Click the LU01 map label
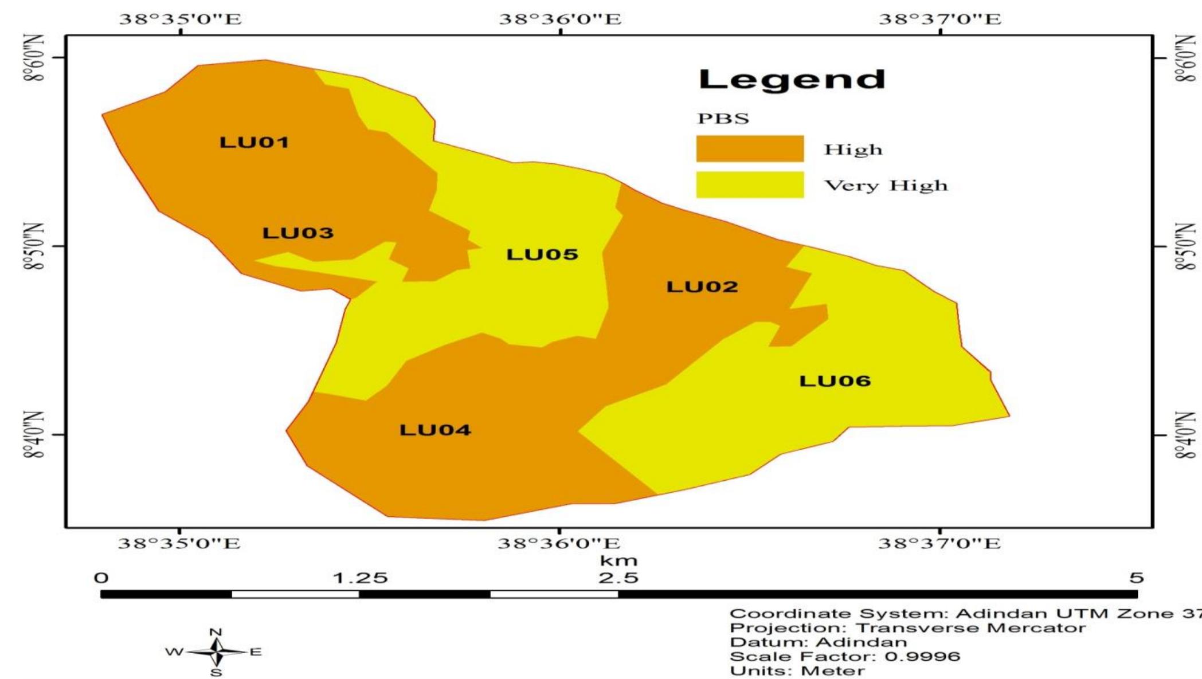(254, 142)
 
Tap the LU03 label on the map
(297, 233)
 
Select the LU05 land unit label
(542, 254)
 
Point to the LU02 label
(702, 286)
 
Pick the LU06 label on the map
(835, 381)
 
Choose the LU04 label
(435, 430)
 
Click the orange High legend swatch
(750, 149)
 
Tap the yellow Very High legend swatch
(750, 185)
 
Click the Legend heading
(792, 79)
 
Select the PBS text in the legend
(723, 119)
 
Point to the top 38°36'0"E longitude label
(560, 19)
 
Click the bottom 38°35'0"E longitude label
(179, 543)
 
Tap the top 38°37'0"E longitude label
(940, 19)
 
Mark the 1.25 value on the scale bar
(361, 578)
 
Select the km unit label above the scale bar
(618, 560)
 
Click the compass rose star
(216, 652)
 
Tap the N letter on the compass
(216, 633)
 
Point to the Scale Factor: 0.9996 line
(845, 657)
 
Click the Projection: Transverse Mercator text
(907, 628)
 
